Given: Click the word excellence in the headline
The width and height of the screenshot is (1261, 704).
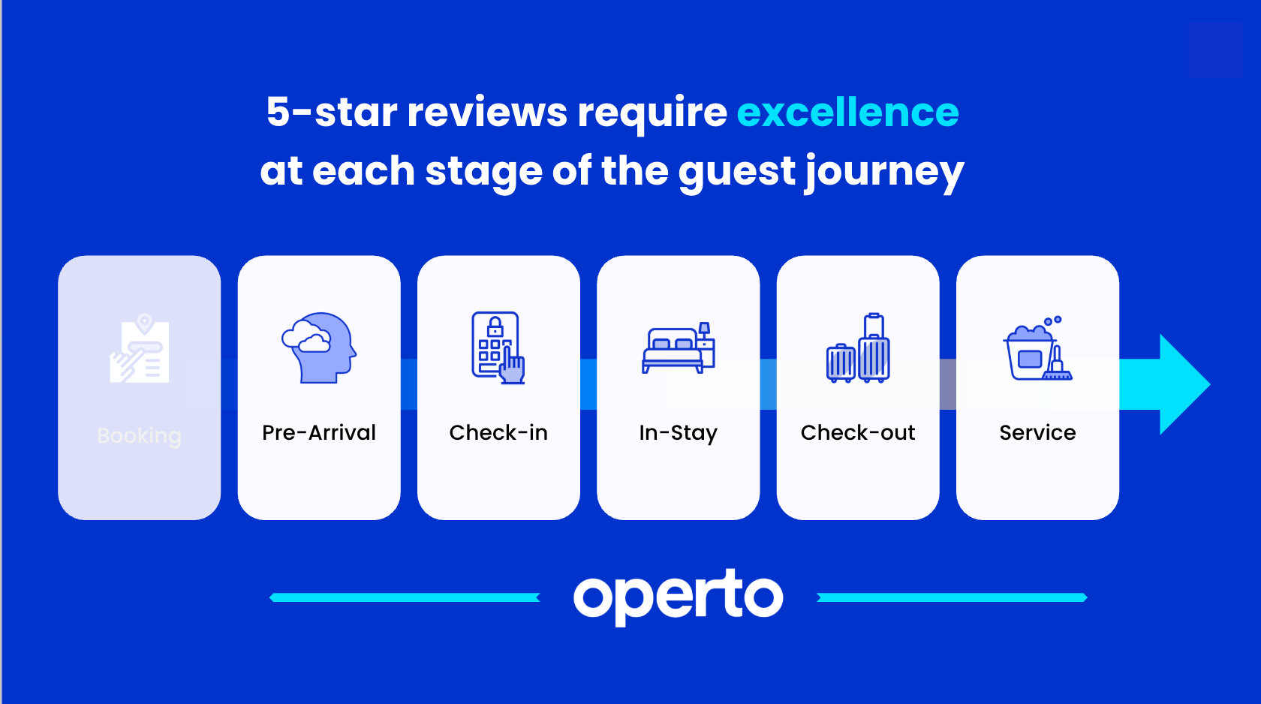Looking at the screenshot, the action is coord(848,113).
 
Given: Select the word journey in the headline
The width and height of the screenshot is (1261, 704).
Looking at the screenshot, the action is coord(885,173).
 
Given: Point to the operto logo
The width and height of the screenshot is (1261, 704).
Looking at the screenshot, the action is coord(679,597).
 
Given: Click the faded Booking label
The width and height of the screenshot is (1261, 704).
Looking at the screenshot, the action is coord(140,436).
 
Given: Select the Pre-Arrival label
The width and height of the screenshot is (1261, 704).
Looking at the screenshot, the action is coord(318,433).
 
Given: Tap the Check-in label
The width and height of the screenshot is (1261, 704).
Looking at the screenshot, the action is coord(498,433).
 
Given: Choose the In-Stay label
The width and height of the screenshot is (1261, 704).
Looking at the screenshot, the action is coord(679,434).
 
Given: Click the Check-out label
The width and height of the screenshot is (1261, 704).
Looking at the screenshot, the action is coord(858,433).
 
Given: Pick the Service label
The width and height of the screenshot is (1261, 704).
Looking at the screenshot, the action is coord(1037,433).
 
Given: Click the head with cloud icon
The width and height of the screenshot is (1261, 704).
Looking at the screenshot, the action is coord(319,347).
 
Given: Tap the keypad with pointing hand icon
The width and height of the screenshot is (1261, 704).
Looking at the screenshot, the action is coord(498,347).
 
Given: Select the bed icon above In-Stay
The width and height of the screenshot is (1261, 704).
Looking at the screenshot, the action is coord(679,347).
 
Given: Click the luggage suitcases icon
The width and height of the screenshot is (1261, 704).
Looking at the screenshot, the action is coord(858,347).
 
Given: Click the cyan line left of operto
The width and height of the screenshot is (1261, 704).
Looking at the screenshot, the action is coord(405,597).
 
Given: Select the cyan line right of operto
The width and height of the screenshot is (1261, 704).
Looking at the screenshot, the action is coord(952,597).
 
